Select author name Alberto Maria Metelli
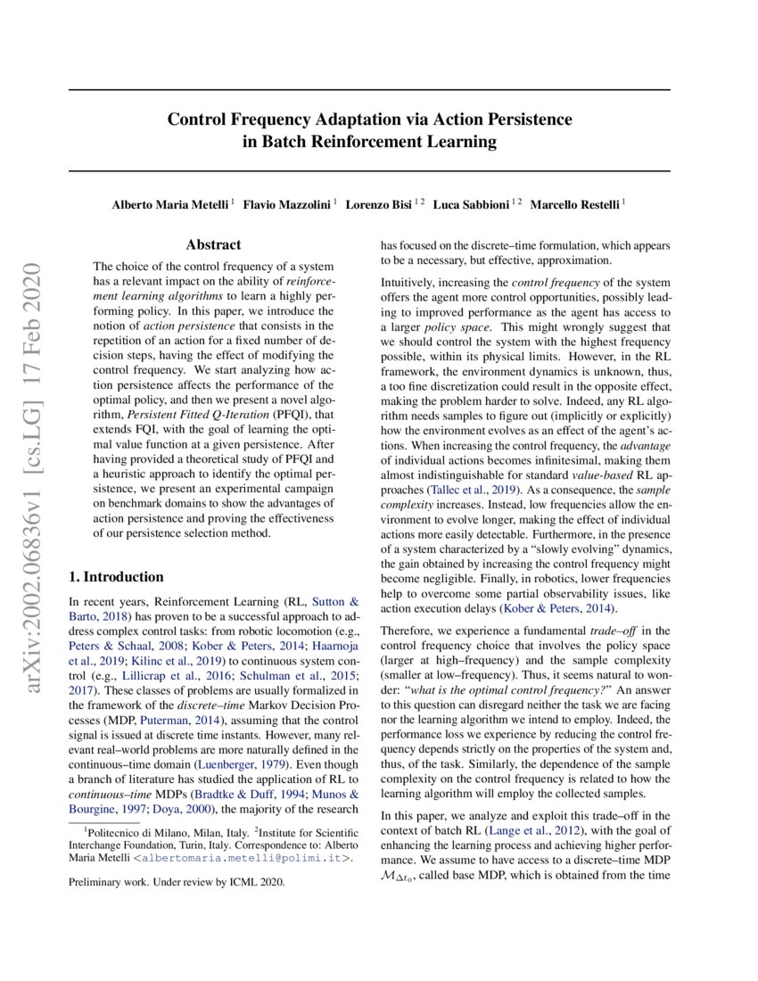[170, 204]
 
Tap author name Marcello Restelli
[574, 204]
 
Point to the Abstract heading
[213, 244]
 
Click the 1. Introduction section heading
[116, 577]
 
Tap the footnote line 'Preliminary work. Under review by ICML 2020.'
[177, 882]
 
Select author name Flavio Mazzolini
[290, 204]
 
